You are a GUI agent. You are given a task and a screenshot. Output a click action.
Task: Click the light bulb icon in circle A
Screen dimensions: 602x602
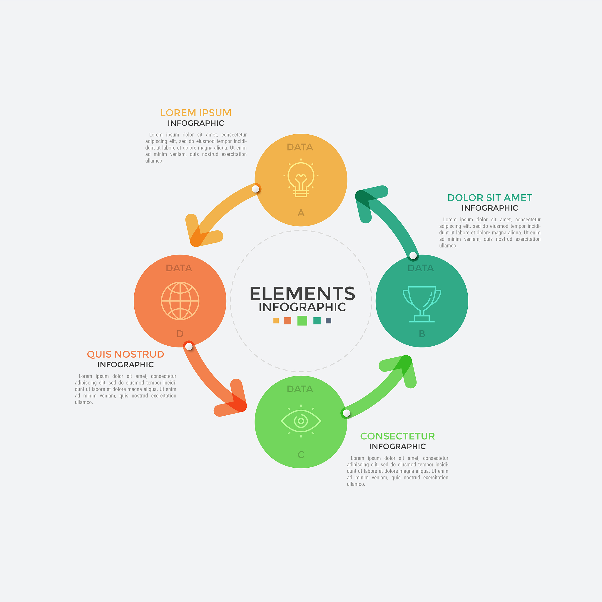(x=301, y=178)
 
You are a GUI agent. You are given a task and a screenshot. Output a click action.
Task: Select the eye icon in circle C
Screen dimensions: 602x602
(x=301, y=421)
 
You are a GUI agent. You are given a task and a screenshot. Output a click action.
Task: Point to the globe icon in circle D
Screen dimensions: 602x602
(x=180, y=301)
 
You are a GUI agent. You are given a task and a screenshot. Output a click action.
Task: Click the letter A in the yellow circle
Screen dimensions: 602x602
(x=301, y=213)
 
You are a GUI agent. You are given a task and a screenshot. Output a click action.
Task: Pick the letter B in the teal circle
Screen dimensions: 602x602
(x=422, y=334)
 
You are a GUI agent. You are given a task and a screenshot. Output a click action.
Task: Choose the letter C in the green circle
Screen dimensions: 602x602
(x=301, y=455)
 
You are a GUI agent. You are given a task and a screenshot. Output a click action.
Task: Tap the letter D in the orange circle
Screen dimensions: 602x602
(x=180, y=334)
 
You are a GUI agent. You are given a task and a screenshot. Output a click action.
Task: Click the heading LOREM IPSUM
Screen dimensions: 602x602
(x=196, y=113)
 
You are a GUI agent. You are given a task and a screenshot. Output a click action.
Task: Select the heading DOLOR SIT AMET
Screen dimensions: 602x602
(x=489, y=198)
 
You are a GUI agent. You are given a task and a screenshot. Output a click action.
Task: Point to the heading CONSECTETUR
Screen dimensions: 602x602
(x=397, y=436)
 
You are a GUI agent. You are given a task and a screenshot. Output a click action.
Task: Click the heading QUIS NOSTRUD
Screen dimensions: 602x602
(x=125, y=354)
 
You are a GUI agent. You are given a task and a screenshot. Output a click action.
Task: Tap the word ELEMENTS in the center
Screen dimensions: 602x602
(x=302, y=294)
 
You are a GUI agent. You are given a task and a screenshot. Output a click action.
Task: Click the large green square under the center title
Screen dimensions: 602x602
(x=302, y=321)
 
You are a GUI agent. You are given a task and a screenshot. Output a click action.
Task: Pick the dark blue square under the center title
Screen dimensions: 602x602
(x=328, y=321)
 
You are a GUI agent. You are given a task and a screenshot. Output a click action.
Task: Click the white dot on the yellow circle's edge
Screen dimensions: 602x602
(x=255, y=189)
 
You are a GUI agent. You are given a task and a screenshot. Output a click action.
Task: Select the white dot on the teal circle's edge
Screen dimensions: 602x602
(x=413, y=255)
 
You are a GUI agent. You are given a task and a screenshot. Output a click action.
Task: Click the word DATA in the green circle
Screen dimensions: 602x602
(x=300, y=389)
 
